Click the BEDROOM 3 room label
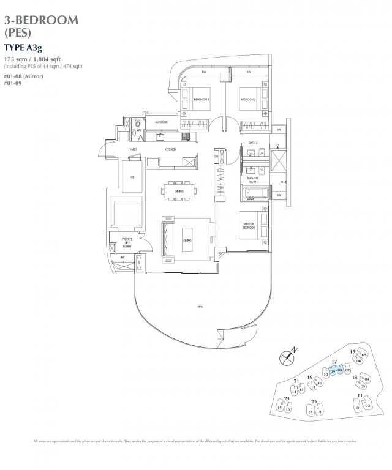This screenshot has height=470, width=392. [202, 99]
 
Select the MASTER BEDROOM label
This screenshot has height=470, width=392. [248, 226]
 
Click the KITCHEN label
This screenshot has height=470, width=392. [170, 149]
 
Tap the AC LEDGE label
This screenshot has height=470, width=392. [153, 122]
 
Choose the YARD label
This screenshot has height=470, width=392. [132, 149]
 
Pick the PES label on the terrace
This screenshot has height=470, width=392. [200, 305]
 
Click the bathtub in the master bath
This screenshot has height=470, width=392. [252, 195]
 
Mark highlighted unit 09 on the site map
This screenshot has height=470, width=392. [333, 371]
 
